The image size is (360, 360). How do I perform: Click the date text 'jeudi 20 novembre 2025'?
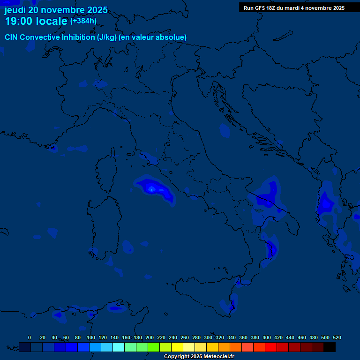pyautogui.click(x=56, y=10)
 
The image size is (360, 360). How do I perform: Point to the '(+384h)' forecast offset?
pyautogui.click(x=83, y=21)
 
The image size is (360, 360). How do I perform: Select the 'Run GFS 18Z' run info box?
pyautogui.click(x=294, y=8)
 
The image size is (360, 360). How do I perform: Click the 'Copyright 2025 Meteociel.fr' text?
pyautogui.click(x=199, y=356)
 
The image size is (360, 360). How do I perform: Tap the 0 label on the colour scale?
pyautogui.click(x=30, y=338)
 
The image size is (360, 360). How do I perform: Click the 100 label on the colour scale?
pyautogui.click(x=91, y=338)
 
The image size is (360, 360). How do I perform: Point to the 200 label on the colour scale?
pyautogui.click(x=150, y=338)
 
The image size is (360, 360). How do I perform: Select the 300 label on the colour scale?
pyautogui.click(x=208, y=338)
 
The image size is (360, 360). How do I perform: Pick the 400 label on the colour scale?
pyautogui.click(x=267, y=338)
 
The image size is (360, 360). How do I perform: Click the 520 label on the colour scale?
pyautogui.click(x=337, y=338)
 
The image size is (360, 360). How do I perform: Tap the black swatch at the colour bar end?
pyautogui.click(x=330, y=347)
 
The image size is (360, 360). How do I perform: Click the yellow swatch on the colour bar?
pyautogui.click(x=177, y=347)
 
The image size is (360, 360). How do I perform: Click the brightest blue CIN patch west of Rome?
pyautogui.click(x=151, y=188)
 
